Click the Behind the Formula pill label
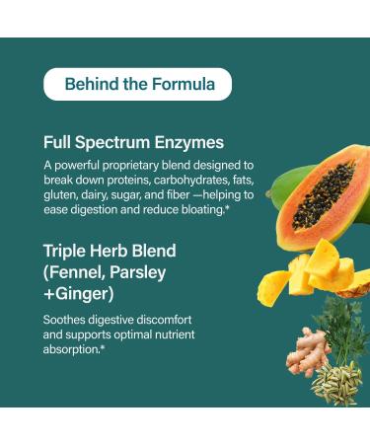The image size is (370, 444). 137,84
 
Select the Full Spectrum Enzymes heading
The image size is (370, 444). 133,141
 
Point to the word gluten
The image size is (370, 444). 60,194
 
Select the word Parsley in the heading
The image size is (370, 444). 135,273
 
